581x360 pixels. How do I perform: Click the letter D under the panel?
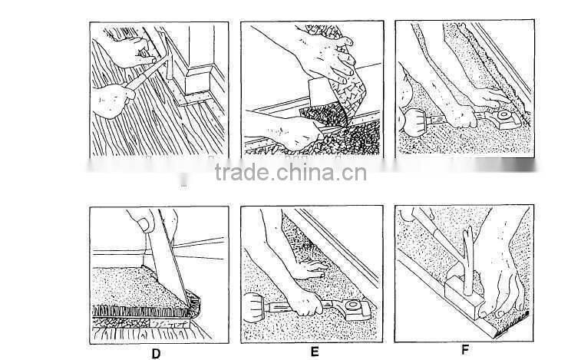tap(156, 354)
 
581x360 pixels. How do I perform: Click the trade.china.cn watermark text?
tap(290, 173)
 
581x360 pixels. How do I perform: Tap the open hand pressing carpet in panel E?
tap(307, 269)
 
